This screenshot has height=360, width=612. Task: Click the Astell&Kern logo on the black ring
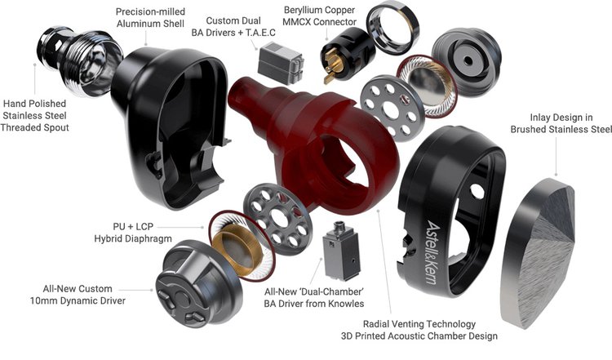[x=433, y=252]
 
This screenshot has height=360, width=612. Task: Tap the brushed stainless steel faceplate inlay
[x=538, y=252]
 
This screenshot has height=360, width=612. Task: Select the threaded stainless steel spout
[x=78, y=60]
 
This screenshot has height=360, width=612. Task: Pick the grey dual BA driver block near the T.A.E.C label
[x=281, y=63]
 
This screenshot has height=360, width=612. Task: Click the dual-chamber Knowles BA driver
[x=341, y=251]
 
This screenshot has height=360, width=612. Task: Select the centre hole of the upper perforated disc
[x=391, y=109]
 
